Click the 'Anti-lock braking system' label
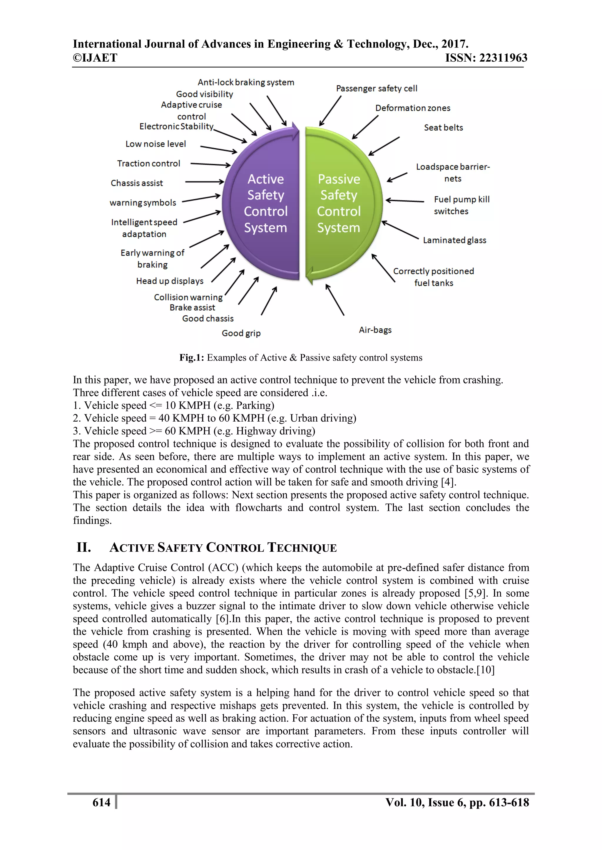point(246,82)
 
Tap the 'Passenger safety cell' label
point(377,88)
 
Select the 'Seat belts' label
point(443,128)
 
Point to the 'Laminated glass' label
point(454,240)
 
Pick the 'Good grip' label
point(241,333)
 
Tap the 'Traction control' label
point(149,164)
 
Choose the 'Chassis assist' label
point(137,183)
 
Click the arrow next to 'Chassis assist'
point(205,182)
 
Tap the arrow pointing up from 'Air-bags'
point(335,300)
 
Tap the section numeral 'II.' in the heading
point(84,547)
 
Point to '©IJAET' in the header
point(95,58)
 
